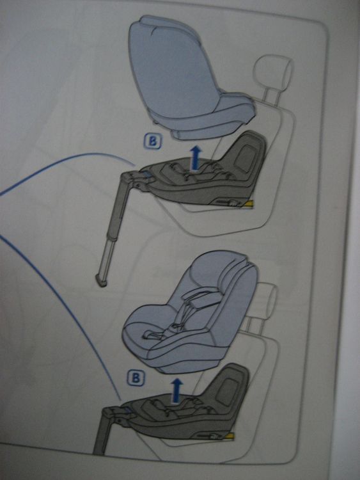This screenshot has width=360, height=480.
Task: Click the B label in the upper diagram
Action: (152, 141)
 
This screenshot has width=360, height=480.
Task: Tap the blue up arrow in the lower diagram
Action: (176, 390)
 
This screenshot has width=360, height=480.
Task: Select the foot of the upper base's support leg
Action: (101, 281)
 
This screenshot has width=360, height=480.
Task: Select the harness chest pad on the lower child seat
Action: (201, 300)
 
